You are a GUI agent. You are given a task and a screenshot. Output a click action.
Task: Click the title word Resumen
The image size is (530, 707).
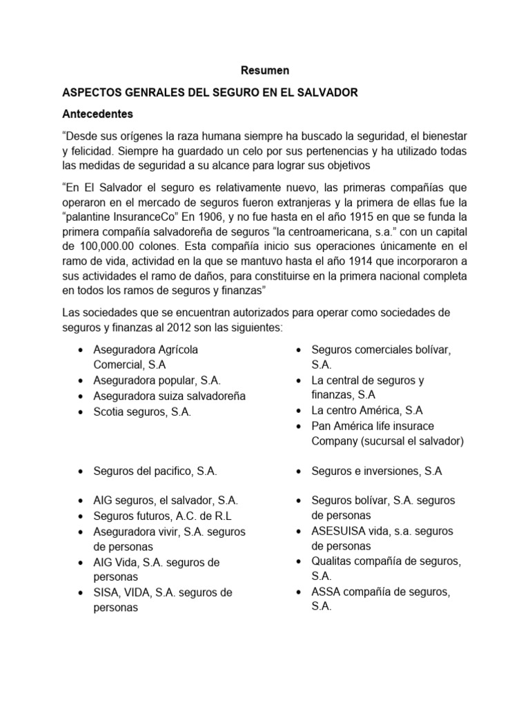[x=265, y=70]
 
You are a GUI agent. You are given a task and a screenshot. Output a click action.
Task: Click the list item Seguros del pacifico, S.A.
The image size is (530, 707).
[x=155, y=471]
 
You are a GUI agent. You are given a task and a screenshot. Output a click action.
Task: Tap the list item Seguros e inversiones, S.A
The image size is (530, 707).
[x=377, y=471]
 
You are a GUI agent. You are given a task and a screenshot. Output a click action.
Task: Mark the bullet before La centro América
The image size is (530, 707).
[x=297, y=411]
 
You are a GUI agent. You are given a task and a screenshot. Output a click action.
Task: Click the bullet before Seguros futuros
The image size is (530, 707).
[x=82, y=516]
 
